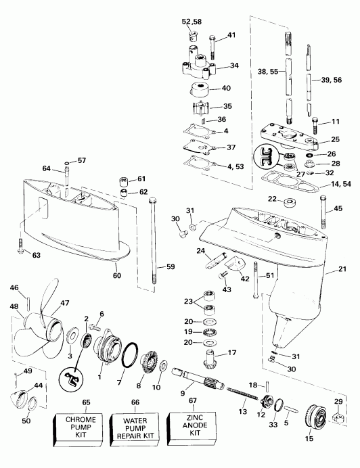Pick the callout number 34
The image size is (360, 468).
click(235, 66)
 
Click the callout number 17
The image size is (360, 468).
click(232, 352)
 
